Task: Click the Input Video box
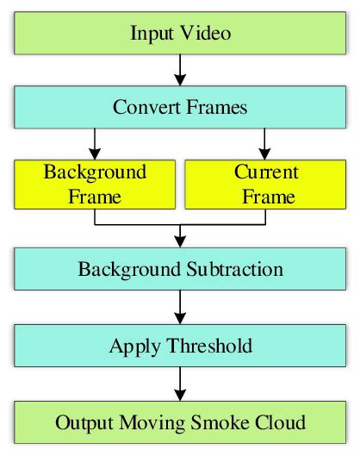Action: click(180, 34)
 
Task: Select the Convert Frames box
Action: click(180, 109)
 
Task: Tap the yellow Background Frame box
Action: click(96, 184)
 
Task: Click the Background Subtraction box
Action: click(180, 269)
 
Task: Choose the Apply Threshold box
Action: click(180, 347)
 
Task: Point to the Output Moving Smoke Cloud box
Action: click(180, 422)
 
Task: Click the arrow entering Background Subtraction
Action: click(180, 234)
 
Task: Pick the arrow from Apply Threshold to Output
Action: click(180, 384)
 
